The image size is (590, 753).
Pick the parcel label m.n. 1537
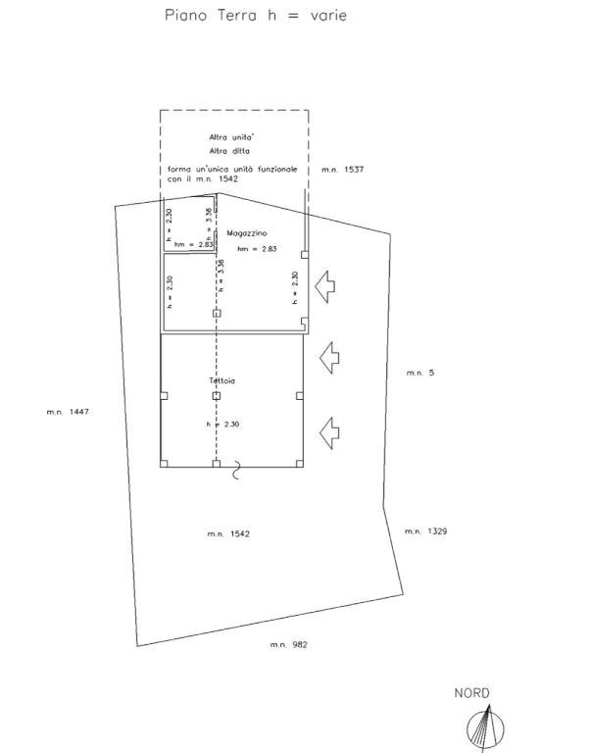(343, 170)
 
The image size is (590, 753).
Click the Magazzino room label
(247, 234)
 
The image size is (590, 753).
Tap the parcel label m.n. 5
(419, 373)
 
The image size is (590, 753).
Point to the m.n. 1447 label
(68, 412)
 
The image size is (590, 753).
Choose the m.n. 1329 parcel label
(425, 531)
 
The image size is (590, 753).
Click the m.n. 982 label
(290, 644)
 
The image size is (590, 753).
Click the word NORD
(471, 693)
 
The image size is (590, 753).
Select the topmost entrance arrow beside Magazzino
(325, 286)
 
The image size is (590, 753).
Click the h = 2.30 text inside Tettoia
(223, 424)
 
